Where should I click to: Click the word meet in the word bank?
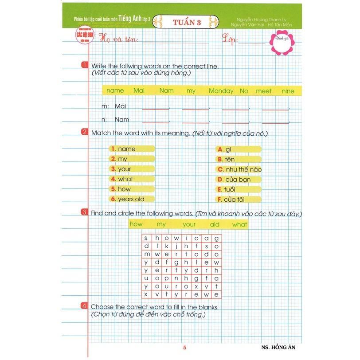(263, 91)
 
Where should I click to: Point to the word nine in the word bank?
(287, 91)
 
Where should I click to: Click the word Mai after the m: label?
(121, 106)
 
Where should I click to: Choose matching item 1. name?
(124, 149)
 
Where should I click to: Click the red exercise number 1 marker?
(84, 66)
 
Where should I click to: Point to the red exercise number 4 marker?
(84, 306)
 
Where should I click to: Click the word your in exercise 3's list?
(188, 224)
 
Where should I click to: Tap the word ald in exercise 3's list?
(215, 224)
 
